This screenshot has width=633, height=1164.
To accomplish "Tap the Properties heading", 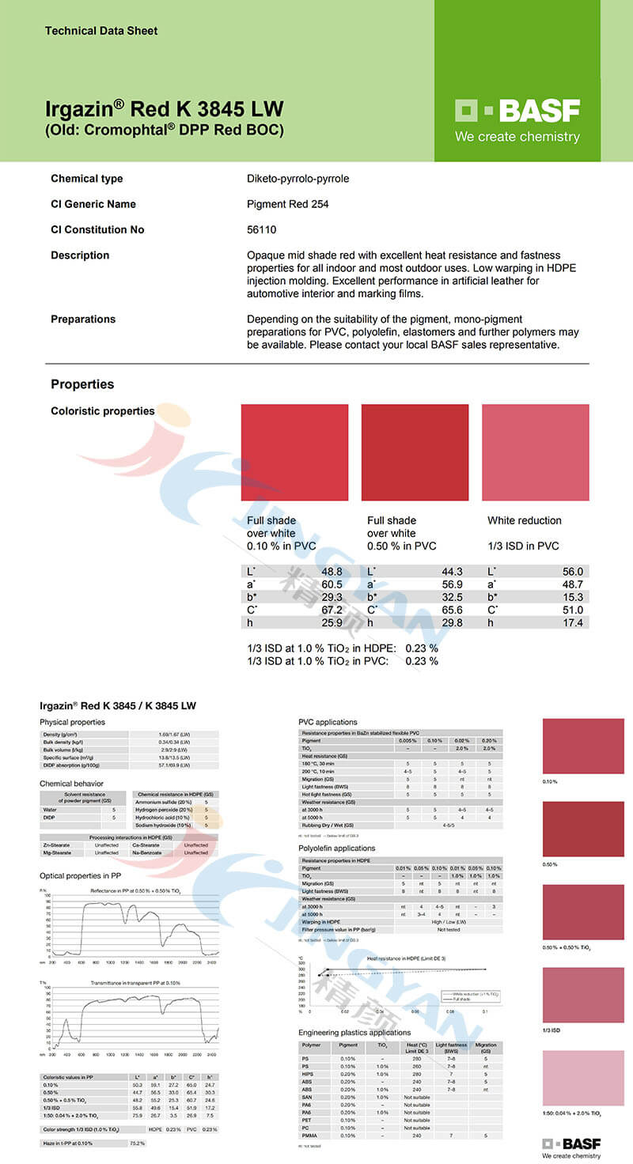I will [82, 384].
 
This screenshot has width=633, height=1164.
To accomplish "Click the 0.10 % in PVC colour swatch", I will [294, 452].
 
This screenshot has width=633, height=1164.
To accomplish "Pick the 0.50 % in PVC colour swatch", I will [415, 452].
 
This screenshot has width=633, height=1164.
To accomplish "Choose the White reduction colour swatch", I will [535, 452].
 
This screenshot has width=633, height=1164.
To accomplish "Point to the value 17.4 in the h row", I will [573, 623].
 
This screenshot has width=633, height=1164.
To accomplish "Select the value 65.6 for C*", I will [452, 610].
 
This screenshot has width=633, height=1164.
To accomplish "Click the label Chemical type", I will [87, 179].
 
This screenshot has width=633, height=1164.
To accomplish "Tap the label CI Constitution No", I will [97, 229].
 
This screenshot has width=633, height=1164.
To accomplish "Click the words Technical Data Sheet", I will [101, 31].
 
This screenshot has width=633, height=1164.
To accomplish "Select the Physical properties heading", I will [72, 722].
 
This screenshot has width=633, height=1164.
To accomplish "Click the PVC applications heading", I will [328, 722].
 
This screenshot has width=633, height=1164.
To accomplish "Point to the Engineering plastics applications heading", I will [354, 1033].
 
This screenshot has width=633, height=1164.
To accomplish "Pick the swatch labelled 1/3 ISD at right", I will [583, 995].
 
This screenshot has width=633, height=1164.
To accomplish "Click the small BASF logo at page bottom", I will [570, 1143].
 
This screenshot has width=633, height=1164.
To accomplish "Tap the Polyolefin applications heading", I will [336, 848].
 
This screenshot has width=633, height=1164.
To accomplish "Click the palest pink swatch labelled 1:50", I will [583, 1078].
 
